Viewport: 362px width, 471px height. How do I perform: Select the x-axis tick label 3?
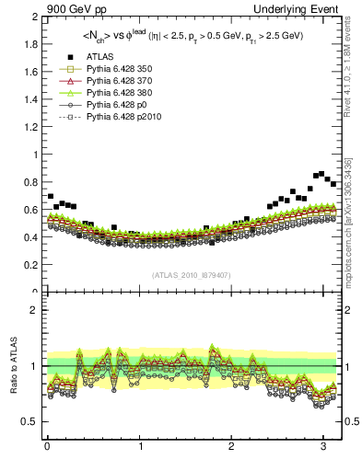324,448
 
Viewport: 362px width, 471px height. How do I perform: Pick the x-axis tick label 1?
139,448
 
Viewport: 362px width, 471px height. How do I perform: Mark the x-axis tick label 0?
47,448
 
